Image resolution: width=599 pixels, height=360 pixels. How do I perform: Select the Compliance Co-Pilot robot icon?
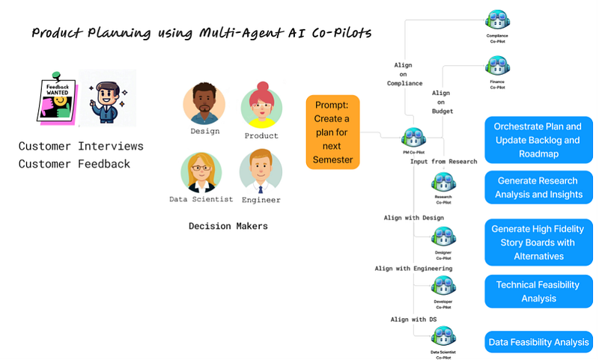pyautogui.click(x=496, y=20)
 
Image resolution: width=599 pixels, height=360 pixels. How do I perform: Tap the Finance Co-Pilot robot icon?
pyautogui.click(x=496, y=67)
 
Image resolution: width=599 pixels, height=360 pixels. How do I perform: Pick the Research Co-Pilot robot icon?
pyautogui.click(x=443, y=183)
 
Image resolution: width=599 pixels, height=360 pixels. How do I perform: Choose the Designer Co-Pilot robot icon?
pyautogui.click(x=443, y=237)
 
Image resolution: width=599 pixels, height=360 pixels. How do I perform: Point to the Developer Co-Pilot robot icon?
pyautogui.click(x=443, y=286)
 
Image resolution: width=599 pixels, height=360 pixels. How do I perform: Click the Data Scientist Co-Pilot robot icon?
pyautogui.click(x=443, y=336)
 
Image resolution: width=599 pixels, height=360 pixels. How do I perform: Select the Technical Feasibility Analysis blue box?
pyautogui.click(x=538, y=291)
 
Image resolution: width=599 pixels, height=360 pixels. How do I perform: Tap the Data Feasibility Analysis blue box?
pyautogui.click(x=538, y=342)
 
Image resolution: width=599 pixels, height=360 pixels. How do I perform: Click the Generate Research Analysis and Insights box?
pyautogui.click(x=538, y=188)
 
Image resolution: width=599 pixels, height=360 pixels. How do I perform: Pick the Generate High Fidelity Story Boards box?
pyautogui.click(x=538, y=242)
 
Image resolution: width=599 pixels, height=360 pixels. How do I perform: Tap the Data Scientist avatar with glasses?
pyautogui.click(x=201, y=172)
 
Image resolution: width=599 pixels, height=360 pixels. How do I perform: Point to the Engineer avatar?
pyautogui.click(x=261, y=171)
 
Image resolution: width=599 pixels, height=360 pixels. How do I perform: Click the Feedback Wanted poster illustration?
pyautogui.click(x=57, y=97)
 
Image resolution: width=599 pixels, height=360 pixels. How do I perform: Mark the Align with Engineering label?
pyautogui.click(x=413, y=268)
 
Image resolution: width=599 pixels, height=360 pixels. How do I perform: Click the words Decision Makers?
pyautogui.click(x=228, y=225)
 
